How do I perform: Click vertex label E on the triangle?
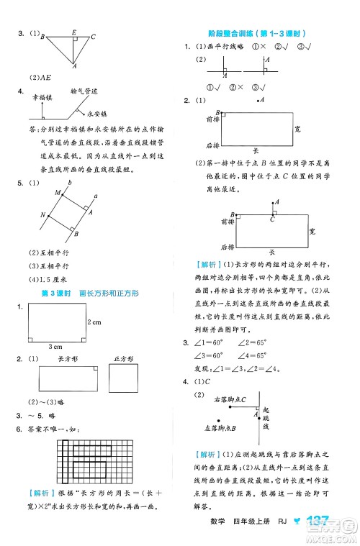[x=75, y=32]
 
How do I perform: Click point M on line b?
[x=58, y=194]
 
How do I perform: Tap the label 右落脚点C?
[x=230, y=399]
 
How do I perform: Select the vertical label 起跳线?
[x=264, y=417]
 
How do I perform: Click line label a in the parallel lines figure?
[x=96, y=194]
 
